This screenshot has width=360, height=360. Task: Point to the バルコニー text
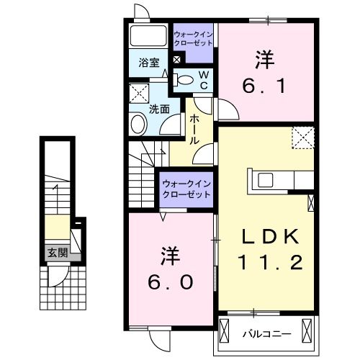pos(261,333)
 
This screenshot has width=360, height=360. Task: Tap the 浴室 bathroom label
pos(148,63)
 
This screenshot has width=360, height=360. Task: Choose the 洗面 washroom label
pos(159,109)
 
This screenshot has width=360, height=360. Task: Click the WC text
pos(204,80)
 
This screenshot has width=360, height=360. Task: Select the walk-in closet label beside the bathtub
pos(194,37)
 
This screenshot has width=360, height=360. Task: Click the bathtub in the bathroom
pos(149,37)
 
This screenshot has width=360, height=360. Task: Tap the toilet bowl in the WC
pos(185,80)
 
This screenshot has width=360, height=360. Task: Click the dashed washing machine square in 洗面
pos(138,94)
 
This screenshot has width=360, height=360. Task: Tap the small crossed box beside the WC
pos(177,60)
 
